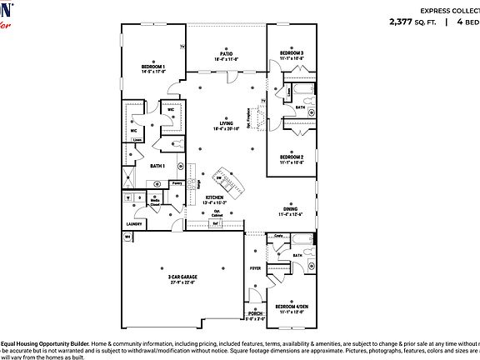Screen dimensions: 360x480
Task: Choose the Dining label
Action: [290, 211]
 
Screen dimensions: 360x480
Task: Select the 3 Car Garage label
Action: [182, 279]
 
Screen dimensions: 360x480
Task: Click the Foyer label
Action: [256, 268]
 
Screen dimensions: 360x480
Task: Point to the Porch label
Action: [255, 314]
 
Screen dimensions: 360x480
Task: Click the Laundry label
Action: [135, 223]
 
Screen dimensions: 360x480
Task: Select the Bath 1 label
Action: [157, 166]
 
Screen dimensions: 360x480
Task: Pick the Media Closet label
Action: [155, 201]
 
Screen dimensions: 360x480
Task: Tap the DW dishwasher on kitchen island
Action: [219, 177]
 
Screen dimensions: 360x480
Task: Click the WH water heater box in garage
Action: [128, 237]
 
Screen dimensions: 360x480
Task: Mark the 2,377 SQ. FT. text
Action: [412, 22]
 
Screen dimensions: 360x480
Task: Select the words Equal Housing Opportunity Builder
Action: [41, 342]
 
